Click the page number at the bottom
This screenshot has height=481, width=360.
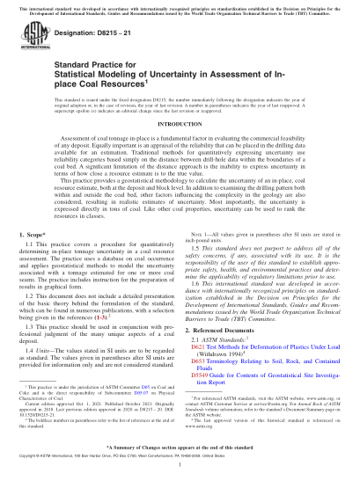(x=180, y=471)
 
